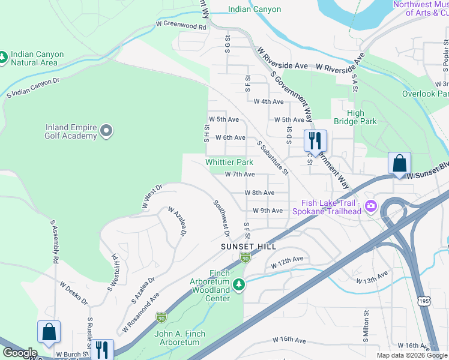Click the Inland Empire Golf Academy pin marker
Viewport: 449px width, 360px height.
(106, 130)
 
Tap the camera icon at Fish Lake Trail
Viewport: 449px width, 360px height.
(370, 206)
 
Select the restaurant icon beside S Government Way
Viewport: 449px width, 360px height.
(314, 141)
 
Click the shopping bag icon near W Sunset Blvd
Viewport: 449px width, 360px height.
(399, 163)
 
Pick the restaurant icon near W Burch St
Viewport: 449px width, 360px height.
(102, 350)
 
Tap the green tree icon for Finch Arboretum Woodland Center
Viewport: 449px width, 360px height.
(239, 284)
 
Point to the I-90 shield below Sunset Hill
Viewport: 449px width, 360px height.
(245, 258)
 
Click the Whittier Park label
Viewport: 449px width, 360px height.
(229, 163)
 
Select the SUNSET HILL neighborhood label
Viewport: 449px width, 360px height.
(248, 247)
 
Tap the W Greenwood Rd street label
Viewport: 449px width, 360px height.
(181, 26)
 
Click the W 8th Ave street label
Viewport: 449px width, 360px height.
(259, 193)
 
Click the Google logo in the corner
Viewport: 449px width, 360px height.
(20, 353)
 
